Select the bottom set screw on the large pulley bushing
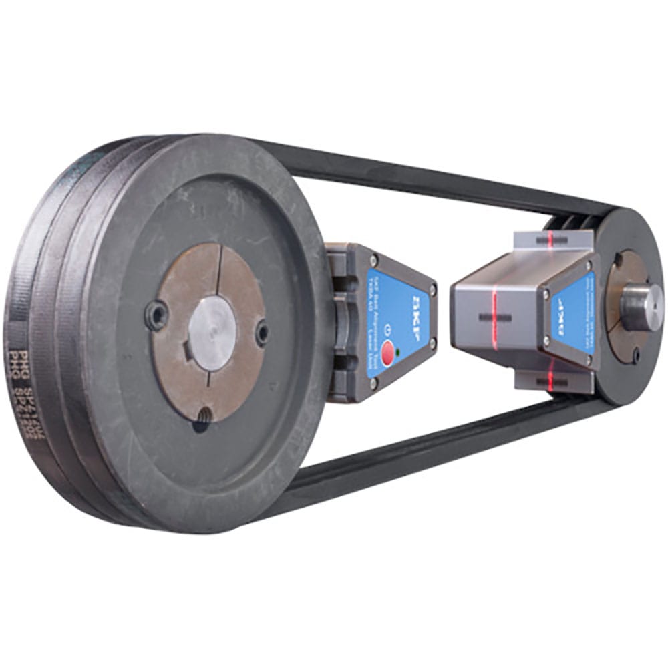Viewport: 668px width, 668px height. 201,419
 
